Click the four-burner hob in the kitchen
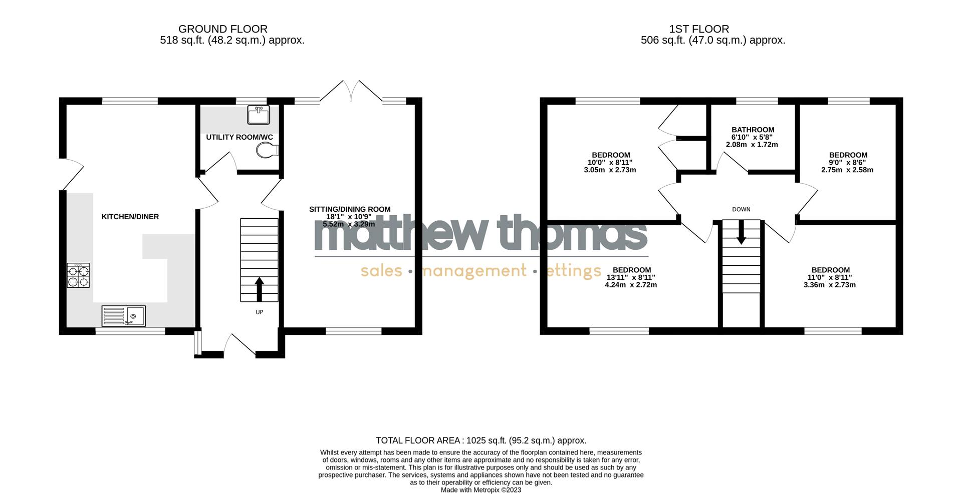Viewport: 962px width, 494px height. (x=79, y=275)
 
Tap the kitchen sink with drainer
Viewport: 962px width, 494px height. (x=123, y=316)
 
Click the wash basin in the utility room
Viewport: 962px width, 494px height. (x=259, y=114)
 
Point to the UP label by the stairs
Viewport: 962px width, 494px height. (x=260, y=312)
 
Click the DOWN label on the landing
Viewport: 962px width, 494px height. (x=741, y=209)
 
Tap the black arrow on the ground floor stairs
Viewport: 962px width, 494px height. (x=260, y=290)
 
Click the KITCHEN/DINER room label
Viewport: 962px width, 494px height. (x=130, y=217)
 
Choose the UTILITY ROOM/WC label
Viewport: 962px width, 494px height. (x=239, y=137)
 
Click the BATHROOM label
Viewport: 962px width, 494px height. (x=753, y=130)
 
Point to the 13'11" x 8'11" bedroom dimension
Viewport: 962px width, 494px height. (x=631, y=277)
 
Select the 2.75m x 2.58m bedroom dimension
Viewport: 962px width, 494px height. (x=847, y=170)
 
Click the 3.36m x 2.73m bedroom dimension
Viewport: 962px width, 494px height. (x=830, y=285)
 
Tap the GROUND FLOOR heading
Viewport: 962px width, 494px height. (x=223, y=29)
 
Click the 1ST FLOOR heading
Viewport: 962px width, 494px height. (x=698, y=29)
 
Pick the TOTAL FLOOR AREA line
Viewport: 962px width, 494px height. (x=481, y=440)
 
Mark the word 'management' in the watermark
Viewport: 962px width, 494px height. (x=473, y=271)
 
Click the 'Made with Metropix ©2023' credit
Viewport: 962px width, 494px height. (x=481, y=490)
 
